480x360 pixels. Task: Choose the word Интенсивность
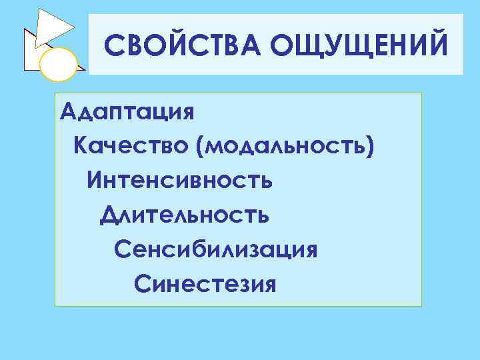coord(179,179)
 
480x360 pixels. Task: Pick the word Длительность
coord(185,215)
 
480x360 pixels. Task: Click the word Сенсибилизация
coord(215,250)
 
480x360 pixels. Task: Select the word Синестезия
coord(205,285)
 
